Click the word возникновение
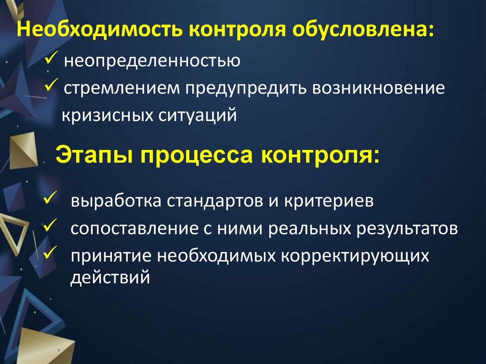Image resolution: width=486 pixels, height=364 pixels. [378, 88]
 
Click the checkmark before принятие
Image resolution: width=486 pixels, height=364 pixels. [49, 252]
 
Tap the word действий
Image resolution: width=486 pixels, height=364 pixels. [111, 276]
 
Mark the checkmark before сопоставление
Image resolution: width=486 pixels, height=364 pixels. [49, 225]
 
